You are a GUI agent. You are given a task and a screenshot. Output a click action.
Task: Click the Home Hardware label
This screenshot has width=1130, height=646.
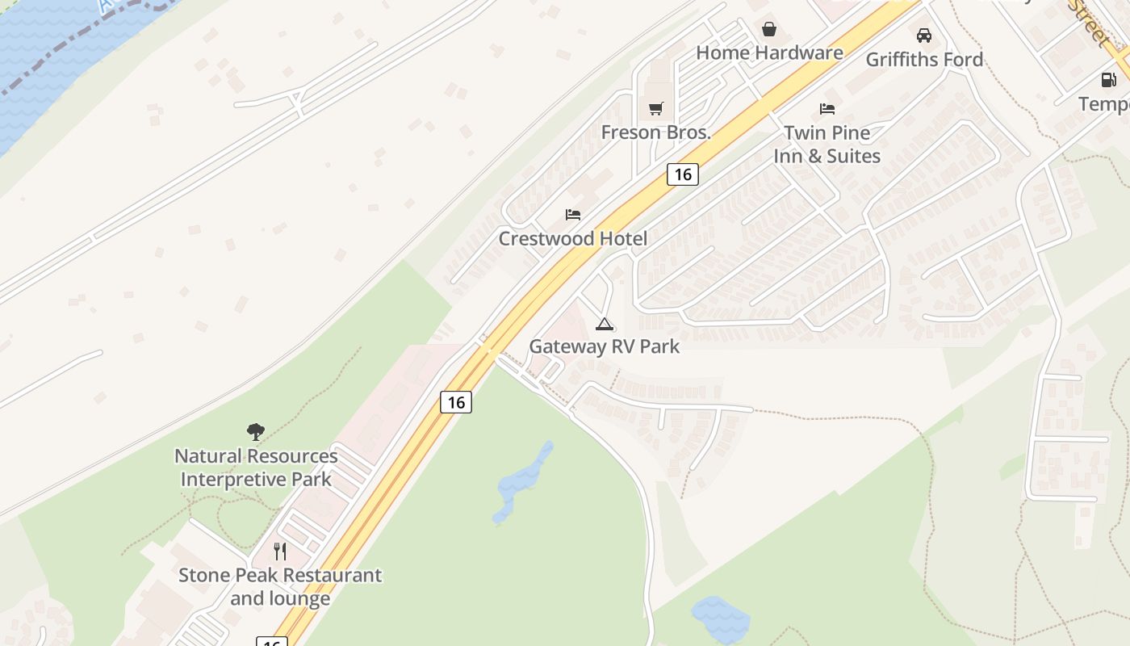(x=769, y=53)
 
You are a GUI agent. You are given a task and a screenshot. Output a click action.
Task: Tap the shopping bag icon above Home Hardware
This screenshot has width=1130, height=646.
(x=769, y=30)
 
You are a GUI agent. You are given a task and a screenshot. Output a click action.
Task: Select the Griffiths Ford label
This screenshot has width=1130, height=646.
(x=924, y=60)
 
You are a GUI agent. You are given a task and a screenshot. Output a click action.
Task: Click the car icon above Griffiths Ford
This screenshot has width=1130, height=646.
(x=924, y=36)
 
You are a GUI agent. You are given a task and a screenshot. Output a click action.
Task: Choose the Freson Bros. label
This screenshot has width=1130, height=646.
(x=655, y=132)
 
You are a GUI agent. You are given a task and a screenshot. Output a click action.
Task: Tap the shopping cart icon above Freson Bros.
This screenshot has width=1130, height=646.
(x=655, y=108)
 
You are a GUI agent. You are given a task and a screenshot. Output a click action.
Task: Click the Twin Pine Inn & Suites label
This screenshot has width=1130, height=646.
(x=827, y=144)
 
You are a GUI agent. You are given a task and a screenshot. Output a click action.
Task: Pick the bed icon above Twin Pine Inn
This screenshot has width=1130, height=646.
(x=827, y=108)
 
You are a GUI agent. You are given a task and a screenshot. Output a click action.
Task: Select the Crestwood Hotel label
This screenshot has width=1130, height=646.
(x=572, y=239)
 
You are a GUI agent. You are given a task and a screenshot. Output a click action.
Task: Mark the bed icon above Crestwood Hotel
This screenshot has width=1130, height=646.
(x=573, y=215)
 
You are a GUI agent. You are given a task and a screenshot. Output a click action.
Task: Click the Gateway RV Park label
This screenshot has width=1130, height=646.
(x=604, y=346)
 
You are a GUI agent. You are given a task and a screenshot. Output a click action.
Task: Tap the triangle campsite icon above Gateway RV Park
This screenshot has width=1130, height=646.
(x=604, y=324)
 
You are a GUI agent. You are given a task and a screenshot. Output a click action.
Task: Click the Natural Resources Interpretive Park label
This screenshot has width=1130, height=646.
(x=256, y=468)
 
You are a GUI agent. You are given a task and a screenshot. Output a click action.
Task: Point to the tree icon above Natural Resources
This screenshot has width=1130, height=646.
(x=256, y=432)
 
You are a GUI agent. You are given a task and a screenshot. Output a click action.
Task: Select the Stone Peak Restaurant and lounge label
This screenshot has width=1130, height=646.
(x=280, y=587)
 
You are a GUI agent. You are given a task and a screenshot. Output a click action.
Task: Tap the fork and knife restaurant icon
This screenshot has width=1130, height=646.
(x=280, y=552)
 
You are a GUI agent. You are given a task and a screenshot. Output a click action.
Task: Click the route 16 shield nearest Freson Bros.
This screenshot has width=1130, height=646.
(x=682, y=174)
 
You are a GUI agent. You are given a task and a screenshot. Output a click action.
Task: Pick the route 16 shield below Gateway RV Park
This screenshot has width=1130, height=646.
(x=456, y=402)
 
